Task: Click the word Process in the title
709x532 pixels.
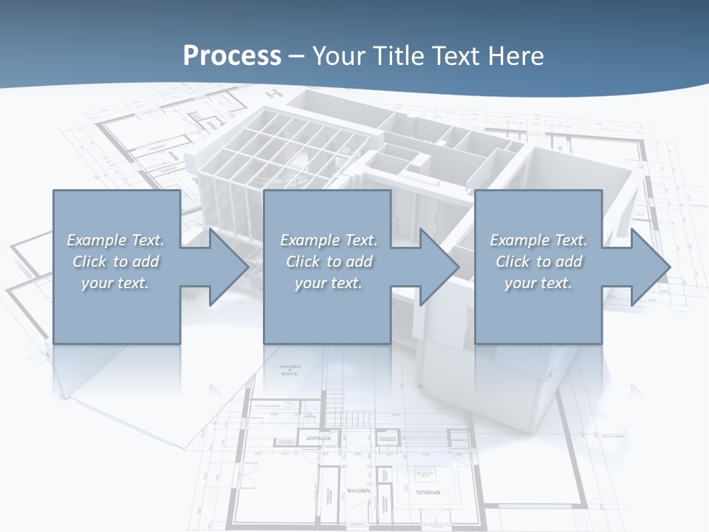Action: [x=232, y=56]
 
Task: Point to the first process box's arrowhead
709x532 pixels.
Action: [x=225, y=267]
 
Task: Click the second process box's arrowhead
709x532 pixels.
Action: [x=436, y=267]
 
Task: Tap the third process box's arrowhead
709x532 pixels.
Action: [x=647, y=267]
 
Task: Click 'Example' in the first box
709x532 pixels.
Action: [x=97, y=240]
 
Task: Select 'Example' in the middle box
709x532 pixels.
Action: [x=310, y=240]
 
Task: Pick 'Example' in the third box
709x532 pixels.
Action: [x=520, y=240]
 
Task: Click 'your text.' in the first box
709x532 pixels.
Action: [x=115, y=283]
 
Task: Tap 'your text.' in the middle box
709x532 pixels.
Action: [x=329, y=283]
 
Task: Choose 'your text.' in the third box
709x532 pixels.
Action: [x=538, y=283]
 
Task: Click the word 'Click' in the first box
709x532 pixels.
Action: [x=89, y=262]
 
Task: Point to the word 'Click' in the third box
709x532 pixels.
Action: [x=513, y=262]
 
